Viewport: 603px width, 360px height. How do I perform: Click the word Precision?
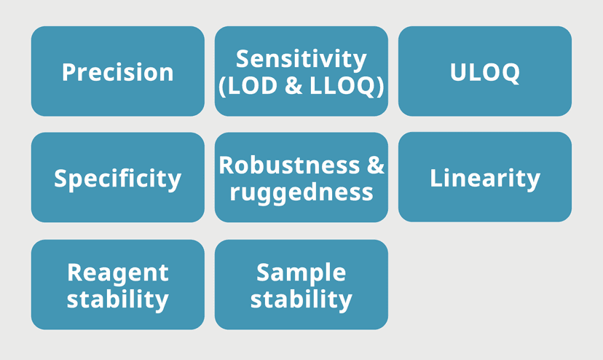tap(118, 72)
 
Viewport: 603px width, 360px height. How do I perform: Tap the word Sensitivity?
tap(301, 60)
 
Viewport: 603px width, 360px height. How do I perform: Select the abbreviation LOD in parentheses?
tap(252, 85)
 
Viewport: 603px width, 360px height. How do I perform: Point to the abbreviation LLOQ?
tap(342, 86)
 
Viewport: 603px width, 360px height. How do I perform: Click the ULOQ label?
tap(484, 72)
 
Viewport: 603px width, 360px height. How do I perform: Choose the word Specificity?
tap(118, 179)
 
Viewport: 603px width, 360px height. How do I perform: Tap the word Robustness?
tap(289, 165)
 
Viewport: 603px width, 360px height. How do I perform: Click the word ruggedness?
tap(301, 192)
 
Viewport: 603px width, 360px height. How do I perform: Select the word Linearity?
tap(485, 179)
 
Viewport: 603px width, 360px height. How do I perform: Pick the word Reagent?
tap(118, 273)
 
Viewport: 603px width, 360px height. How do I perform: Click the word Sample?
tap(301, 273)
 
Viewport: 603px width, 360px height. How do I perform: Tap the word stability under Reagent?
tap(118, 300)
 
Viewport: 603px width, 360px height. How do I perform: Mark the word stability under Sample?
tap(301, 300)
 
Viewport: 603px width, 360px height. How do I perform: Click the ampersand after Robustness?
tap(375, 165)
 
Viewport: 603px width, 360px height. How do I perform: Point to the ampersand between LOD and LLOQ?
tap(293, 85)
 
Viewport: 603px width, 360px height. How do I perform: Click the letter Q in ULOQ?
tap(510, 73)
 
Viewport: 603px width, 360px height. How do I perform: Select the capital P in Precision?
tap(70, 72)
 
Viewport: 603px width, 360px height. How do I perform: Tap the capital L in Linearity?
tap(436, 178)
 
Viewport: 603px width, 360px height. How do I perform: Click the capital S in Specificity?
tap(61, 178)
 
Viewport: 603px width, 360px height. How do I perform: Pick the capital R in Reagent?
tap(76, 273)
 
